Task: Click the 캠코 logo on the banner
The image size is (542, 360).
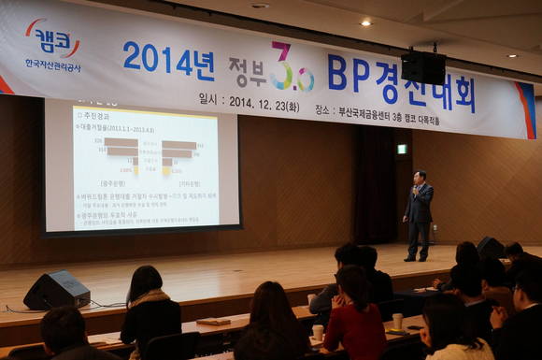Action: [x=53, y=39]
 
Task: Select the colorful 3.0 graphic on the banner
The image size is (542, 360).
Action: [x=291, y=68]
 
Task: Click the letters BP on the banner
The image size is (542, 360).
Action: [x=349, y=73]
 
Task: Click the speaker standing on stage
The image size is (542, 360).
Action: [x=419, y=214]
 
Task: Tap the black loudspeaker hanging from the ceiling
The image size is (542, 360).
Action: [x=423, y=67]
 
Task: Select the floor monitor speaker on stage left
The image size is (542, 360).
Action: [x=57, y=290]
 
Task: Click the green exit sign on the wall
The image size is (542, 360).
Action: [x=402, y=149]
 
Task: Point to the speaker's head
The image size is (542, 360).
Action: [x=420, y=178]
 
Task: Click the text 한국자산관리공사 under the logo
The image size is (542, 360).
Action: [x=52, y=65]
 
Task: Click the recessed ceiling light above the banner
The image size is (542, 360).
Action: [x=365, y=22]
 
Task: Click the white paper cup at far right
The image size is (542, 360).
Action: [x=397, y=321]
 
